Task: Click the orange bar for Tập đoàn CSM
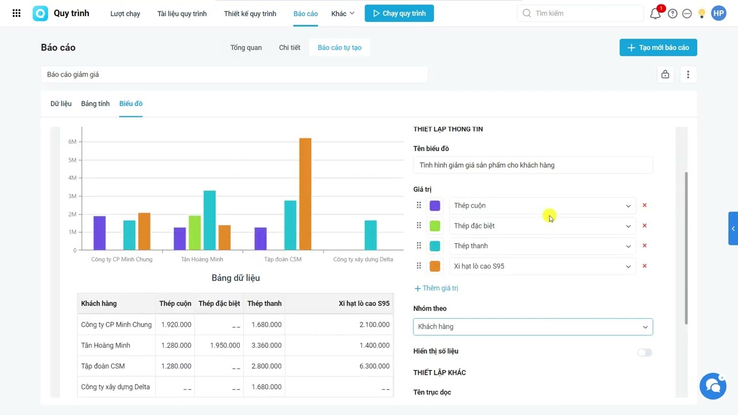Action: pos(305,194)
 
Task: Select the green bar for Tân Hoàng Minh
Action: pos(195,233)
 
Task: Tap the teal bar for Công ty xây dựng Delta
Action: pos(370,235)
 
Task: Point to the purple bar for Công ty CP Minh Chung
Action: pos(100,233)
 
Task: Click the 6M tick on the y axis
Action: pos(72,142)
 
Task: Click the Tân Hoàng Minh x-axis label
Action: pos(202,259)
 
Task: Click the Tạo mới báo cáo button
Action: pos(658,47)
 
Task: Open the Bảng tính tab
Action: pos(95,104)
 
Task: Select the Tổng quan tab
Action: pos(246,47)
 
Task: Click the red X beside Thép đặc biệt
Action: pos(645,225)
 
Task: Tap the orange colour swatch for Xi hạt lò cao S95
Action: pos(435,266)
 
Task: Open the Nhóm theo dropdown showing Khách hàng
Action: pos(533,327)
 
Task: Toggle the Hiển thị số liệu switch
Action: pos(644,352)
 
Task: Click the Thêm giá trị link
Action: pos(436,288)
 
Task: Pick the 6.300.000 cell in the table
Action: pos(374,366)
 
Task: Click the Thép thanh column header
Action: pos(264,303)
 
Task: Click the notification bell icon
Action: pos(655,13)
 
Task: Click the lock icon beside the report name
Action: pos(665,74)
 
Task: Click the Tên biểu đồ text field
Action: pos(533,165)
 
